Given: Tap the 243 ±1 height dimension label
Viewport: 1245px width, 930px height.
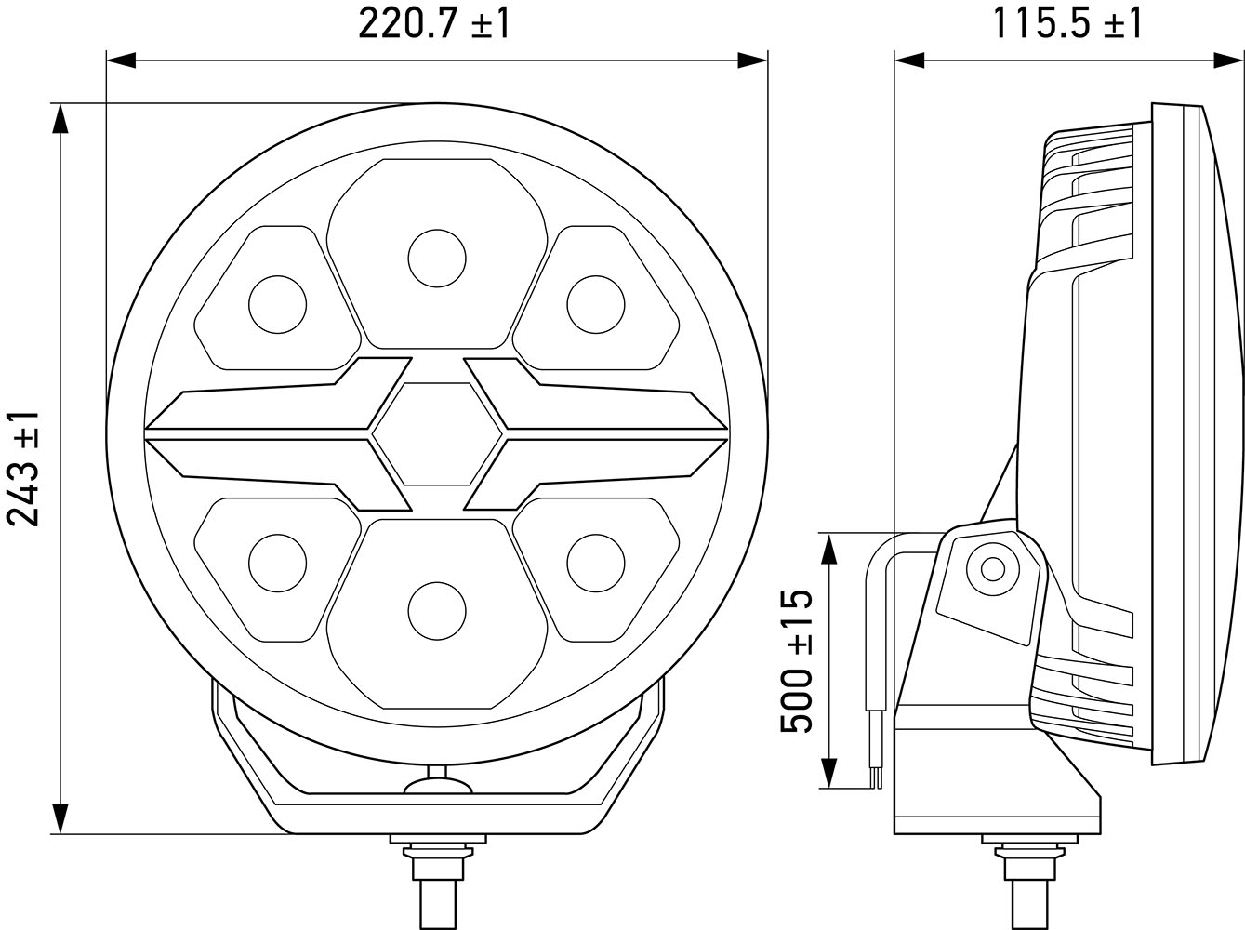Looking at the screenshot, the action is [23, 469].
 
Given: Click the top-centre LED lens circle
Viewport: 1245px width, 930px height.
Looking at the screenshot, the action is [437, 258].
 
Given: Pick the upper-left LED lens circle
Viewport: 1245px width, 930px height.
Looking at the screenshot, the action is [277, 304].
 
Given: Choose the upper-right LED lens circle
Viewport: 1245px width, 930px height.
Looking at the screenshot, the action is [596, 304].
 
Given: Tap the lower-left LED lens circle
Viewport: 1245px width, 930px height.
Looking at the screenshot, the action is [277, 563].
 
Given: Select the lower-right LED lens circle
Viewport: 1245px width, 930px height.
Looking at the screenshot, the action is [596, 563].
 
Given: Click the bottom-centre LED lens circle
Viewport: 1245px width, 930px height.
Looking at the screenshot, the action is [437, 611].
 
